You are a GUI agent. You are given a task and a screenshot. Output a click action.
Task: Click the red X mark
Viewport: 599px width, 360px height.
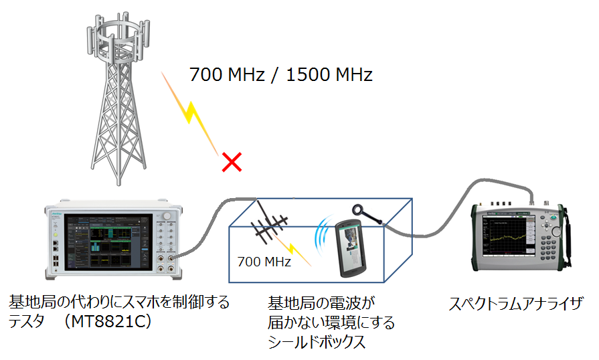tap(232, 162)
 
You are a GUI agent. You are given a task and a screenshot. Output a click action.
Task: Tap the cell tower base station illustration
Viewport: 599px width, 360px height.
tap(118, 98)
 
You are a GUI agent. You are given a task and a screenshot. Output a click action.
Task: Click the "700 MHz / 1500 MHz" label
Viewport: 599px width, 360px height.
tap(281, 74)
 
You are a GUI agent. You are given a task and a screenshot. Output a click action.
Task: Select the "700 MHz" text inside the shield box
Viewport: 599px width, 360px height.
tap(264, 262)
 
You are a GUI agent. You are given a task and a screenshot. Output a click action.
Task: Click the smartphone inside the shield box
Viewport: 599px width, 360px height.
tap(350, 248)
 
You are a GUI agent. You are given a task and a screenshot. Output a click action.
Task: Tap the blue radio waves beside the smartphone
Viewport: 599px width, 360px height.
tap(323, 237)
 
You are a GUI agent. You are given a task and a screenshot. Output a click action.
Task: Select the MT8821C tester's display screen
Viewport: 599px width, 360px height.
tap(108, 242)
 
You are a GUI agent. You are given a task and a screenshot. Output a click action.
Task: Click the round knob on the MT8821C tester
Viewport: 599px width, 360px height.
tap(167, 216)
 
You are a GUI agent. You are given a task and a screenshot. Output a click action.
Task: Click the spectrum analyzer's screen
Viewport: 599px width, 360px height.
tap(504, 236)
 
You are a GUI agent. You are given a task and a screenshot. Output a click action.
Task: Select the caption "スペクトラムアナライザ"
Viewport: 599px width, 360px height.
tap(516, 304)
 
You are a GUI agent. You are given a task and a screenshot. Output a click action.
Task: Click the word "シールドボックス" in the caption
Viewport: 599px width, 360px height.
tap(317, 342)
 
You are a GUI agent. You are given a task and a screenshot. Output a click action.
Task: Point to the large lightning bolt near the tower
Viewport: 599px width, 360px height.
tap(190, 114)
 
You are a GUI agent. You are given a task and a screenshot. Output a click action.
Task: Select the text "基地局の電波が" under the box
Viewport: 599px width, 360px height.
tap(321, 303)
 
